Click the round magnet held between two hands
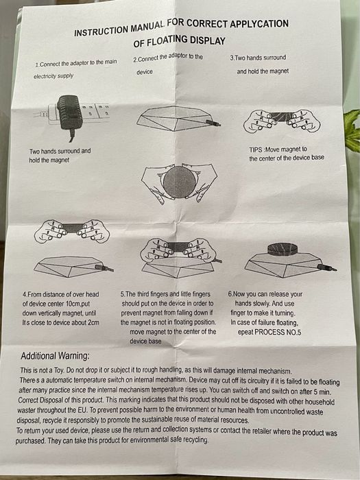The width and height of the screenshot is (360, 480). pos(179,182)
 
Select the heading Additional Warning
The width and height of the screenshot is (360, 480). pos(55,356)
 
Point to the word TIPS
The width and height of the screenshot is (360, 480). pos(256,149)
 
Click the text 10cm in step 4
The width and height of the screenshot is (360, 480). pos(73,304)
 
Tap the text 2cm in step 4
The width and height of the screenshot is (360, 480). pos(93,322)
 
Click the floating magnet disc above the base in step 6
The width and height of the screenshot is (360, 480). pos(283,249)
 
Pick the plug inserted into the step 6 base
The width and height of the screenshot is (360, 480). pos(327,267)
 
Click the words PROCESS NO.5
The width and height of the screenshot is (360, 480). pos(278,332)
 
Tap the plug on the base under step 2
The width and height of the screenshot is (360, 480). pos(213,123)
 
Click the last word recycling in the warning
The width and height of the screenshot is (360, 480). pos(195,440)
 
